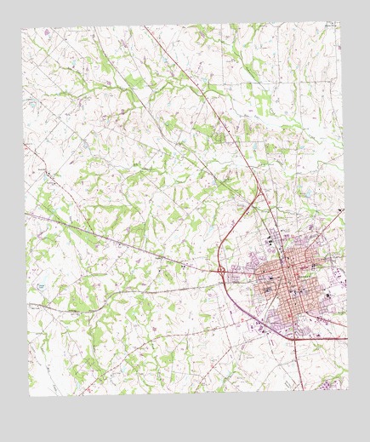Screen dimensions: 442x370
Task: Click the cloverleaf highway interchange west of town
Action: (220, 271)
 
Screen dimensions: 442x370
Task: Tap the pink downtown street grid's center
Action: (289, 281)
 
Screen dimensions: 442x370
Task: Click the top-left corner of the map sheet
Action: (22, 28)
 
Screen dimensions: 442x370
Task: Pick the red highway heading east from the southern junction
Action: (323, 339)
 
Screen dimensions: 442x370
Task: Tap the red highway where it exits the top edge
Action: (146, 26)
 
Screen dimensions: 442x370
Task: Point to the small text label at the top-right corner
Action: (331, 26)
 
